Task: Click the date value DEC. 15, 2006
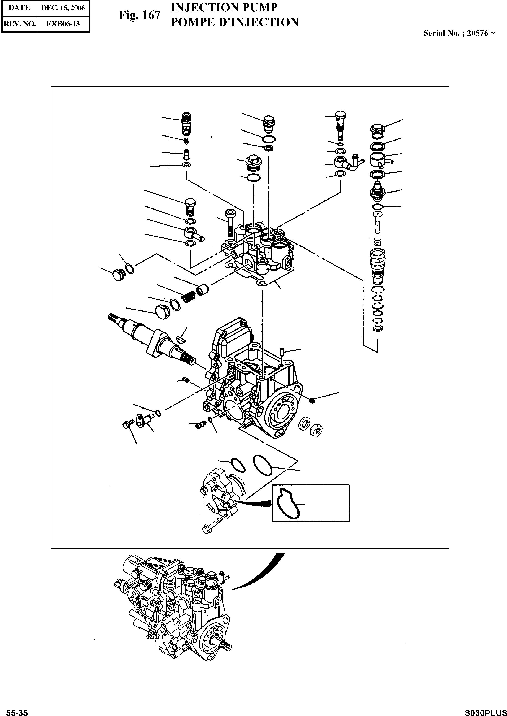pyautogui.click(x=63, y=8)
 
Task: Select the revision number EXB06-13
pyautogui.click(x=63, y=24)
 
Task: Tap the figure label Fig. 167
pyautogui.click(x=139, y=15)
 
